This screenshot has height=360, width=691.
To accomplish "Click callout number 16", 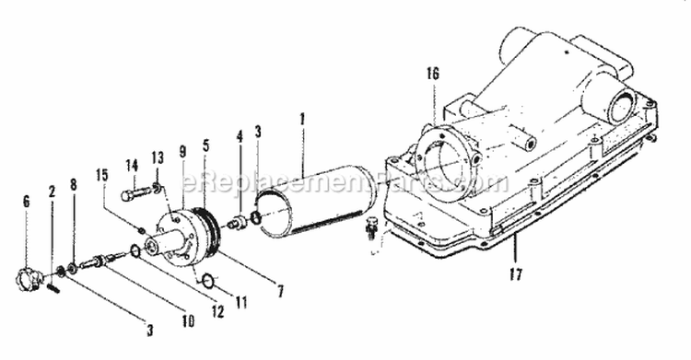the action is [x=433, y=74].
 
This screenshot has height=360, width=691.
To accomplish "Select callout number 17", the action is [x=515, y=274].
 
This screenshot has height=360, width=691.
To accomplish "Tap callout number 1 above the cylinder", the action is [x=302, y=120].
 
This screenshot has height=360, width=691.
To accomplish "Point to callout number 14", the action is [x=132, y=166].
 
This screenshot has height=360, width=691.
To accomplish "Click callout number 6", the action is [x=27, y=202].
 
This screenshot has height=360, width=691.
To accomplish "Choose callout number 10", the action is [x=188, y=321].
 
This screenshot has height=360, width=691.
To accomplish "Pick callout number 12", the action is [x=217, y=311].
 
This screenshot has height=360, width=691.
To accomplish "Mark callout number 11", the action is [x=240, y=302].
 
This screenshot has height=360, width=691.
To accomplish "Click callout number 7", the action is [x=280, y=291].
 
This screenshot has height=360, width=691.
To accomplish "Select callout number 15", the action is [x=101, y=175].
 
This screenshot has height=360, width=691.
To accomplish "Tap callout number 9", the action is [x=183, y=151].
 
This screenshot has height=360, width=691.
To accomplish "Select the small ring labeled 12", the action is [x=135, y=251].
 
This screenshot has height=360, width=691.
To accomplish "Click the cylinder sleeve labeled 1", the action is [x=315, y=203].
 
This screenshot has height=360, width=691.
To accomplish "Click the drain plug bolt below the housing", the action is [x=371, y=227].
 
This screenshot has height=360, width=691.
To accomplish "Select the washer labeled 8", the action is [x=72, y=267].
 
